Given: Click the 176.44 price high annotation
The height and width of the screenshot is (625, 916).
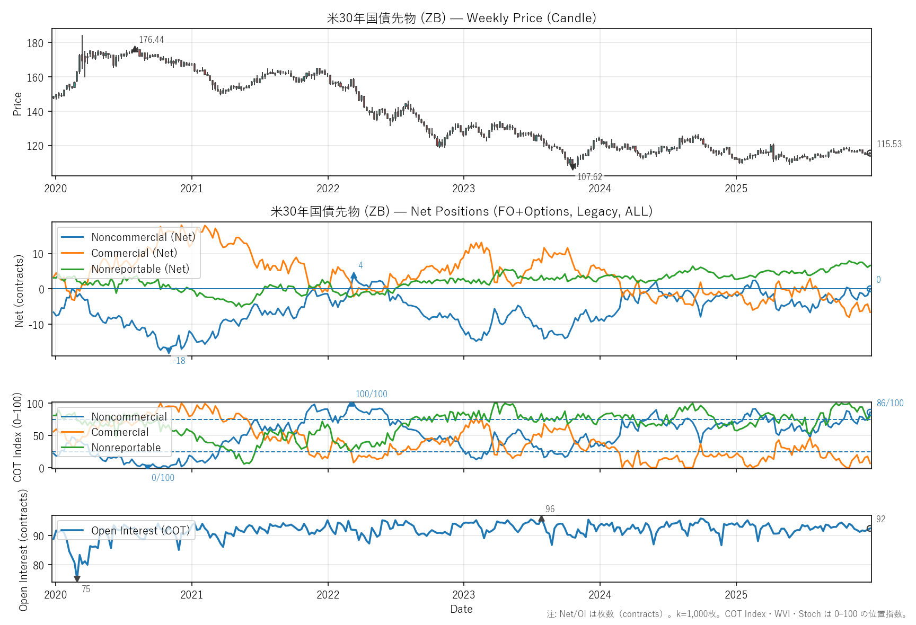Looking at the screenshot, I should (x=151, y=40).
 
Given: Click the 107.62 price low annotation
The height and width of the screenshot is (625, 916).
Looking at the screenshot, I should (x=589, y=177).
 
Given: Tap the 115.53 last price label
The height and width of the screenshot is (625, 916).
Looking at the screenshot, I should (x=889, y=144).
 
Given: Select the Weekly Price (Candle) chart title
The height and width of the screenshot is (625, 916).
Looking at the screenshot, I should (x=461, y=18).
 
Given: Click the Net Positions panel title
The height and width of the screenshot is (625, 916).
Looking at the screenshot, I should (x=461, y=211).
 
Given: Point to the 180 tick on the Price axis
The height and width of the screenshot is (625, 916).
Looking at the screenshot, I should (x=35, y=43).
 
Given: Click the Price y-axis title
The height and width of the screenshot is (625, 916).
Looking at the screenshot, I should (x=17, y=103).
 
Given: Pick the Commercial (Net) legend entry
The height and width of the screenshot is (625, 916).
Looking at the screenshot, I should (x=134, y=253).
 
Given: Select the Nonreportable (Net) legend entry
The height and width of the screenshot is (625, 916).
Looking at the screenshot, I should (x=140, y=269).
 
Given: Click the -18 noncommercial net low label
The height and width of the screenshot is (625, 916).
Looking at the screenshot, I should (x=179, y=361).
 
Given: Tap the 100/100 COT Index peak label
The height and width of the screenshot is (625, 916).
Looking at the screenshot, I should (x=371, y=394).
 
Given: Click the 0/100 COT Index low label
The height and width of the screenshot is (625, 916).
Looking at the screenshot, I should (x=163, y=478).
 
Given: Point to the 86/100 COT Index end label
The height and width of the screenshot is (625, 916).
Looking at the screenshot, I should (x=890, y=403).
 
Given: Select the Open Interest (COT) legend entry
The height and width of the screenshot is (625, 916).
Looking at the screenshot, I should (x=140, y=531).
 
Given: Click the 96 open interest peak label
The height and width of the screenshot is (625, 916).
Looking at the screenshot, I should (x=550, y=509).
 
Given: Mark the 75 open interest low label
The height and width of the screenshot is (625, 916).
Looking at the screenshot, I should (x=86, y=589).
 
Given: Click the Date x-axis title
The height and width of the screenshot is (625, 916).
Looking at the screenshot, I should (x=461, y=609).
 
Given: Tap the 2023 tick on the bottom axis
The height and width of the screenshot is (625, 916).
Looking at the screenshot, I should (x=463, y=595).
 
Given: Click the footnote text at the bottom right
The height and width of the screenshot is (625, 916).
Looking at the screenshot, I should (x=727, y=614).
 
